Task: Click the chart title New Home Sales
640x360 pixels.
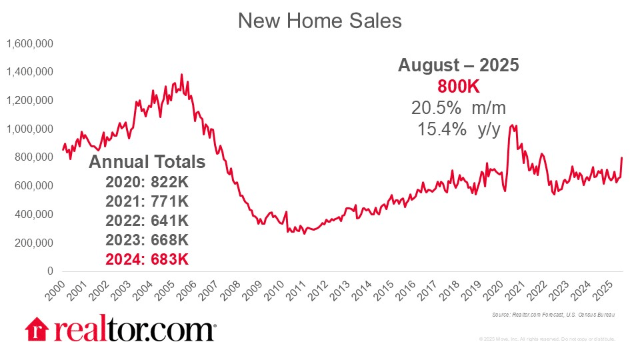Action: coord(320,21)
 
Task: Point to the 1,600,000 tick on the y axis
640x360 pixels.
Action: coord(30,43)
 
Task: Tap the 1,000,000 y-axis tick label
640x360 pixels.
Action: coord(30,129)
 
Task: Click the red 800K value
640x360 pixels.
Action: coord(458,87)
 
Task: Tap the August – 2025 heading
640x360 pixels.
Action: coord(458,65)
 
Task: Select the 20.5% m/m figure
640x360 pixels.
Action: coord(458,107)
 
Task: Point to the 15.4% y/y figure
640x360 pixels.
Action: coord(458,130)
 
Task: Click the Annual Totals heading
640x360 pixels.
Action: coord(147,162)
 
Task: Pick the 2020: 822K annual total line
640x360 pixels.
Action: coord(147,182)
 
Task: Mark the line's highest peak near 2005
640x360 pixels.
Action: coord(182,75)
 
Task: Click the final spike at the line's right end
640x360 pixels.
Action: coord(622,158)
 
